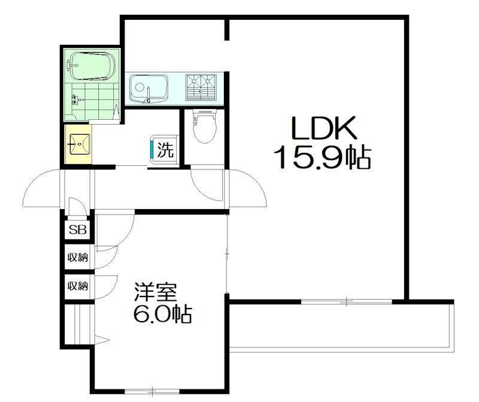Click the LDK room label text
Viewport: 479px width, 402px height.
click(x=324, y=127)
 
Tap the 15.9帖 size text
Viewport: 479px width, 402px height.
click(x=323, y=157)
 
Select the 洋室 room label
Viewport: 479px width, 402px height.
click(x=156, y=292)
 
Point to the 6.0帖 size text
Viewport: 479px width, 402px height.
click(x=162, y=313)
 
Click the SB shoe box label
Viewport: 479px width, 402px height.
click(x=78, y=230)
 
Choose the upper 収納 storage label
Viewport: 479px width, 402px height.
click(x=78, y=258)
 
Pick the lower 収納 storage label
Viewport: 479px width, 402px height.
click(x=78, y=286)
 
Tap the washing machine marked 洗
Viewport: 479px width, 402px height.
click(x=164, y=150)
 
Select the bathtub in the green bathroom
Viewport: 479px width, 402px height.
click(x=92, y=66)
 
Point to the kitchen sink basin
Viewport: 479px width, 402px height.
click(x=149, y=88)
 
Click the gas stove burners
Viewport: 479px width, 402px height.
click(x=201, y=87)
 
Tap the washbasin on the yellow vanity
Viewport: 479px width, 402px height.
click(x=79, y=144)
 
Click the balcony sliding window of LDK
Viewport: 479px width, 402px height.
click(x=347, y=302)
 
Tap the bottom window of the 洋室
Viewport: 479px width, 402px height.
click(x=152, y=391)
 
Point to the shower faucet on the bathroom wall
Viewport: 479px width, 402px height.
click(x=76, y=99)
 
